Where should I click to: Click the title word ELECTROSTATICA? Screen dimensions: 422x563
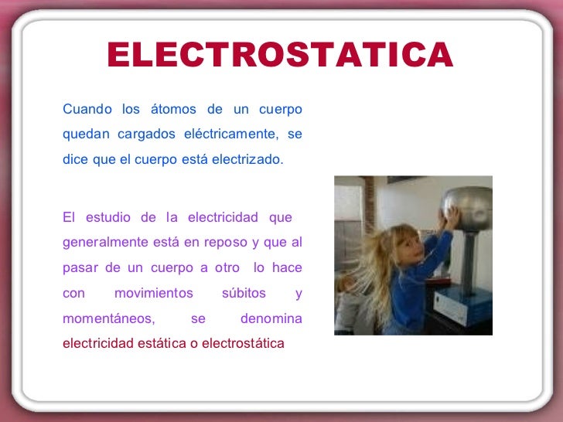[x=279, y=55]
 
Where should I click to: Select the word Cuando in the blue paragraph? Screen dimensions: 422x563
[x=87, y=109]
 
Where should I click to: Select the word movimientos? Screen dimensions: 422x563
[x=154, y=294]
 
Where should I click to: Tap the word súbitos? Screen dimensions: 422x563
[x=244, y=294]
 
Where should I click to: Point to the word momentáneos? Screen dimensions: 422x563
[x=109, y=318]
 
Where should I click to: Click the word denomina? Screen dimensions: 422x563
[x=271, y=318]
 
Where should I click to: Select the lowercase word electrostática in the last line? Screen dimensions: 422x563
[x=243, y=343]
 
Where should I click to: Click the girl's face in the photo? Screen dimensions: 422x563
[x=404, y=247]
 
